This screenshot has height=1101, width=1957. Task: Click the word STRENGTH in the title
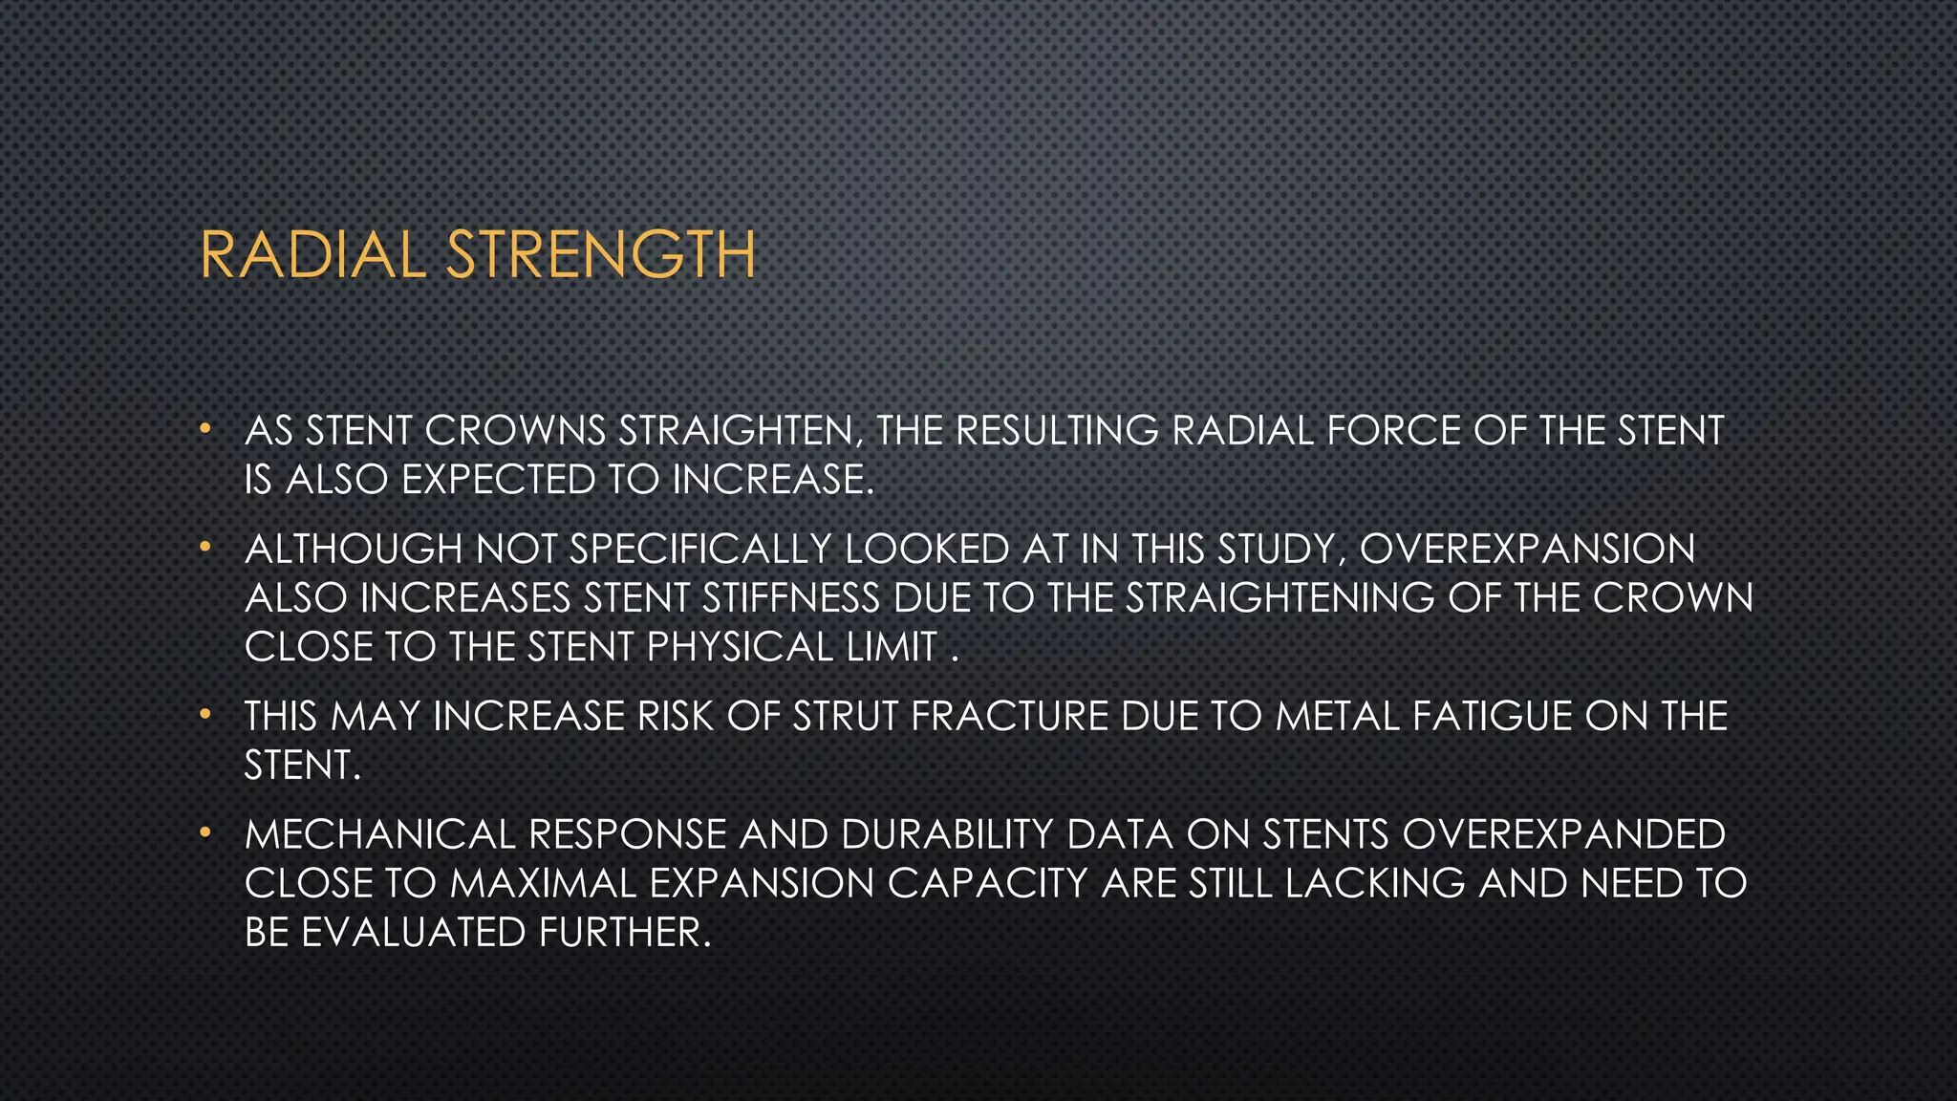pyautogui.click(x=601, y=255)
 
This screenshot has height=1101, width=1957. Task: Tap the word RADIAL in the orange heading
pyautogui.click(x=312, y=255)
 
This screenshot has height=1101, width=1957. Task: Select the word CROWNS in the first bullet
pyautogui.click(x=515, y=431)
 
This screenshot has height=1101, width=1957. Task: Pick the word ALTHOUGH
pyautogui.click(x=354, y=550)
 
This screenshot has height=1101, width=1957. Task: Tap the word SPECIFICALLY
pyautogui.click(x=700, y=550)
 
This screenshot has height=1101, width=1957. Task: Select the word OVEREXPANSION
pyautogui.click(x=1527, y=550)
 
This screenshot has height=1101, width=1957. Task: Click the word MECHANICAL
pyautogui.click(x=379, y=834)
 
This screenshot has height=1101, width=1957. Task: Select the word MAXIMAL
pyautogui.click(x=543, y=883)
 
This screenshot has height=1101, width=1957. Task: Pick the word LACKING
pyautogui.click(x=1375, y=883)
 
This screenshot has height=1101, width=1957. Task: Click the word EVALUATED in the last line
pyautogui.click(x=414, y=933)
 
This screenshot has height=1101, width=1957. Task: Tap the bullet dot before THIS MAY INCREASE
pyautogui.click(x=204, y=714)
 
